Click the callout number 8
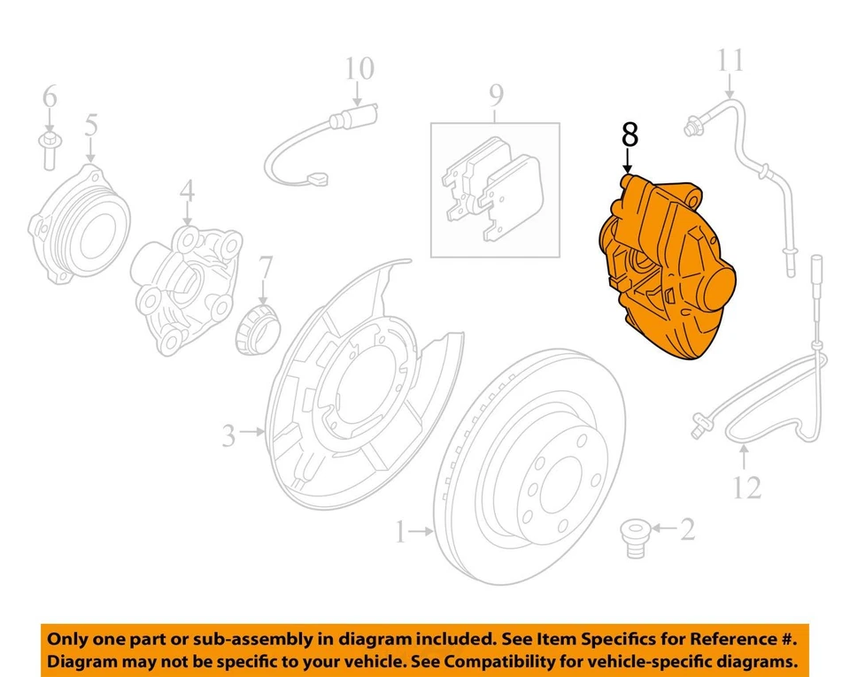coord(630,135)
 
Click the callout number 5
coord(91,124)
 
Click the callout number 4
coord(187,190)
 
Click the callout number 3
coord(229,435)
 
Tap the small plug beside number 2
coord(634,536)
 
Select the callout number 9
coord(495,93)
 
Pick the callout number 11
coord(730,61)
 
